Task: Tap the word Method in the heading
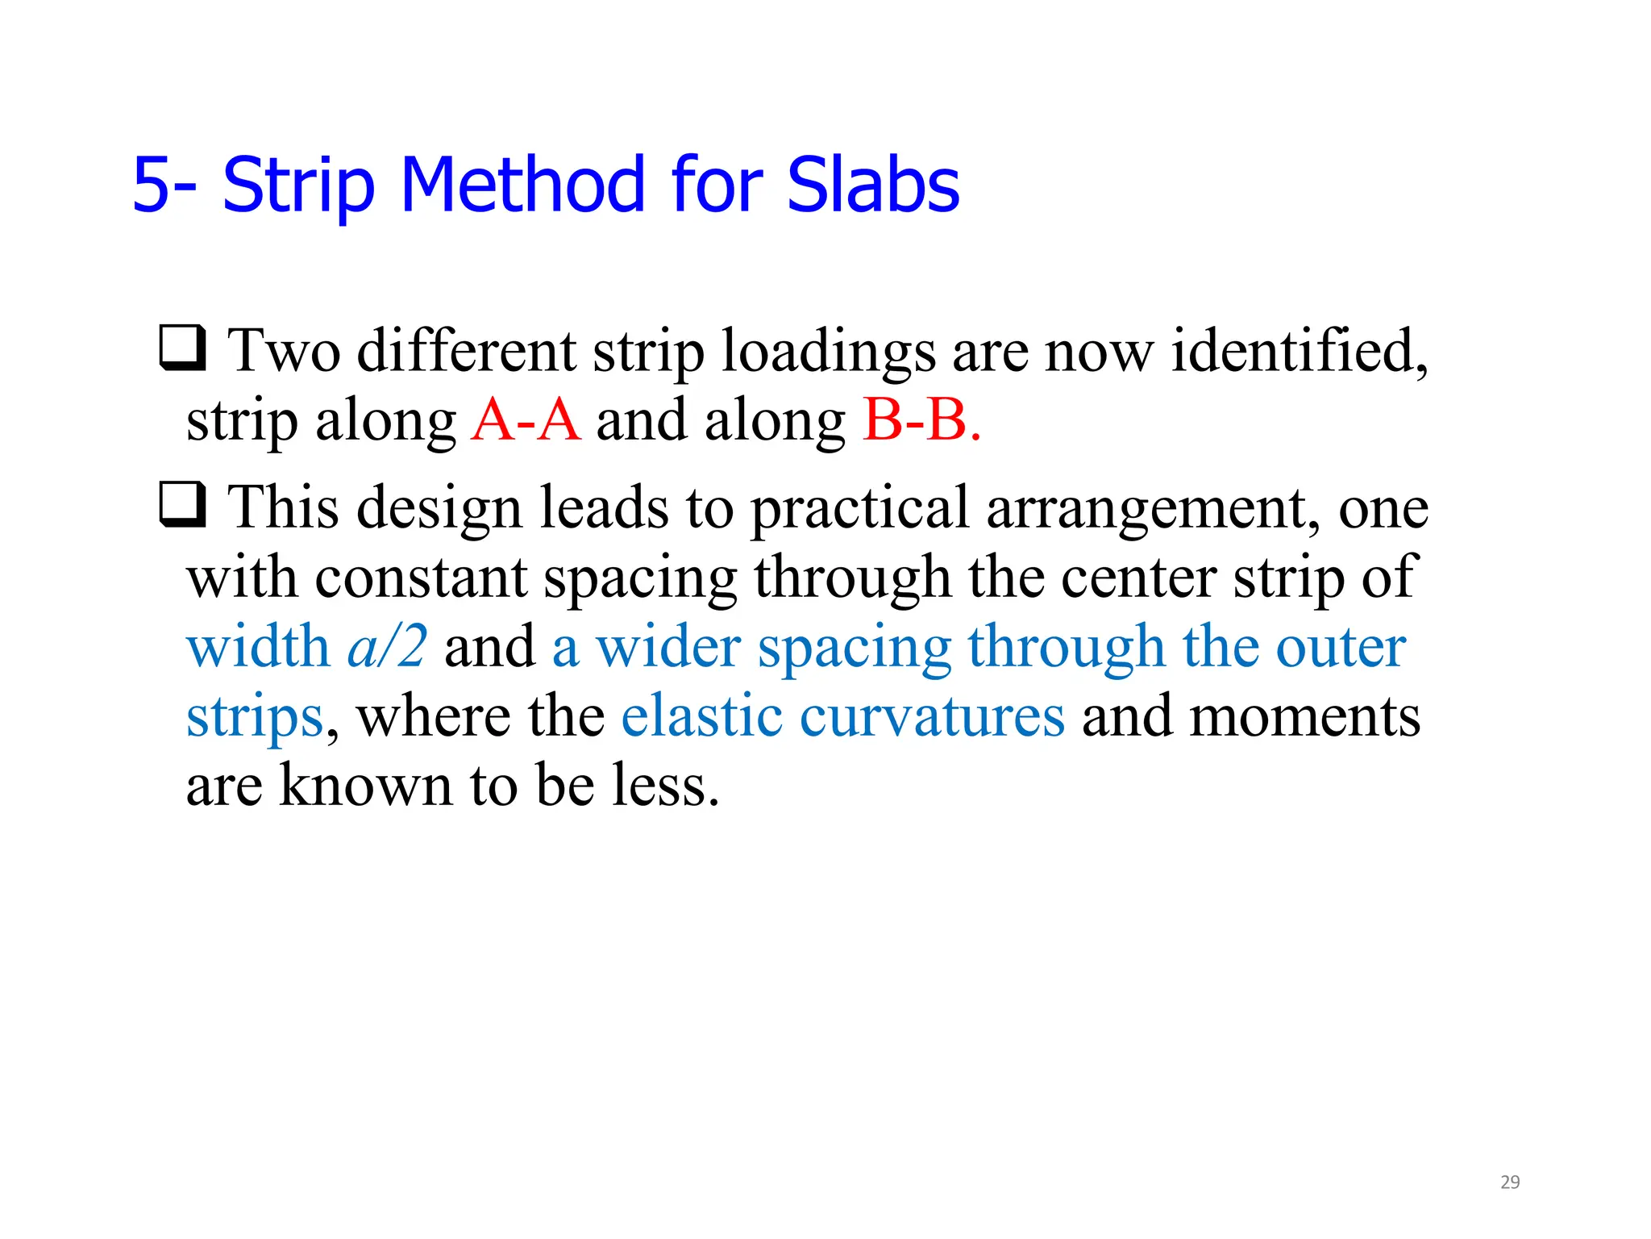click(x=522, y=186)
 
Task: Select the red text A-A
click(x=526, y=420)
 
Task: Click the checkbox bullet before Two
click(x=183, y=348)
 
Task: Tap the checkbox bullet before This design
click(x=183, y=504)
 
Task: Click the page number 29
click(x=1510, y=1183)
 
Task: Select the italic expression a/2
click(x=387, y=647)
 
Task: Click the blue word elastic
click(x=701, y=715)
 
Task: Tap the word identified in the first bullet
click(x=1298, y=352)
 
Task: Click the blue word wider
click(x=667, y=647)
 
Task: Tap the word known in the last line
click(x=364, y=786)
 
